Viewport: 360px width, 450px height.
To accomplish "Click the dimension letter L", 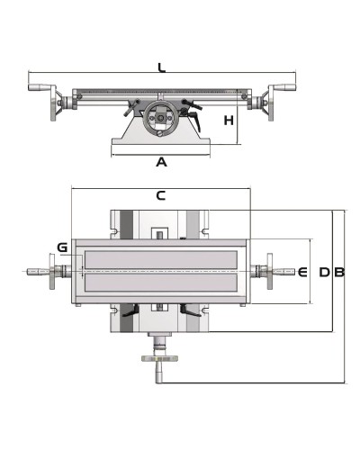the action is tap(162, 67).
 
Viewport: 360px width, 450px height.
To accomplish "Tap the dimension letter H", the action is tap(229, 121).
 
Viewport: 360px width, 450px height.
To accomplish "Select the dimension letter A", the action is tap(161, 162).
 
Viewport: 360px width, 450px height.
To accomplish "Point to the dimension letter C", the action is tap(161, 195).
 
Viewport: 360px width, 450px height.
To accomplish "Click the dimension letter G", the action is tap(62, 247).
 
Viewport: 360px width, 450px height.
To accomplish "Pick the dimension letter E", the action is tap(302, 272).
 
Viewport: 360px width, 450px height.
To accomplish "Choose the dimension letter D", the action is tap(324, 272).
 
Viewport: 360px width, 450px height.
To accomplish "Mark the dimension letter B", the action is tap(339, 272).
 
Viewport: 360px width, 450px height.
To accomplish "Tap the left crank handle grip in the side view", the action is tap(38, 87).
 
